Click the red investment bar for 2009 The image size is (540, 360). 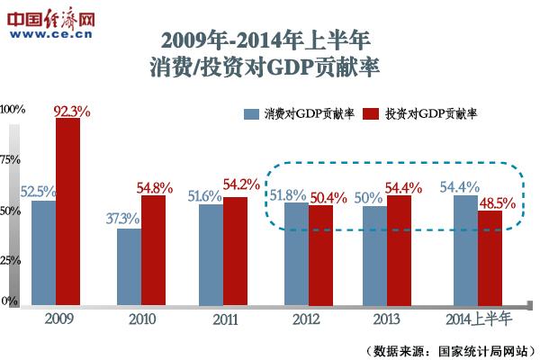pyautogui.click(x=67, y=211)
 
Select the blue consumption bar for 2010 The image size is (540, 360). pyautogui.click(x=130, y=267)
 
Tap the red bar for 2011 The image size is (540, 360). pyautogui.click(x=235, y=251)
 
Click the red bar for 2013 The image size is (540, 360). pyautogui.click(x=399, y=250)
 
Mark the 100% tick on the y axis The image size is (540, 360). pyautogui.click(x=13, y=110)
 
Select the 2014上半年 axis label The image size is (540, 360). pyautogui.click(x=478, y=318)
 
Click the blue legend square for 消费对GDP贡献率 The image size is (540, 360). pyautogui.click(x=251, y=114)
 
